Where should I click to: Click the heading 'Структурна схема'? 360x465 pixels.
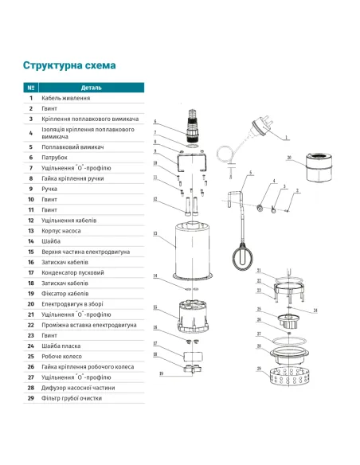click(69, 65)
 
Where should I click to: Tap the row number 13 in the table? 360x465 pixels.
click(31, 230)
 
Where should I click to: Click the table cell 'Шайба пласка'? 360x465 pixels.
click(65, 346)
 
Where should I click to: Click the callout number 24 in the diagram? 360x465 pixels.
click(315, 310)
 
